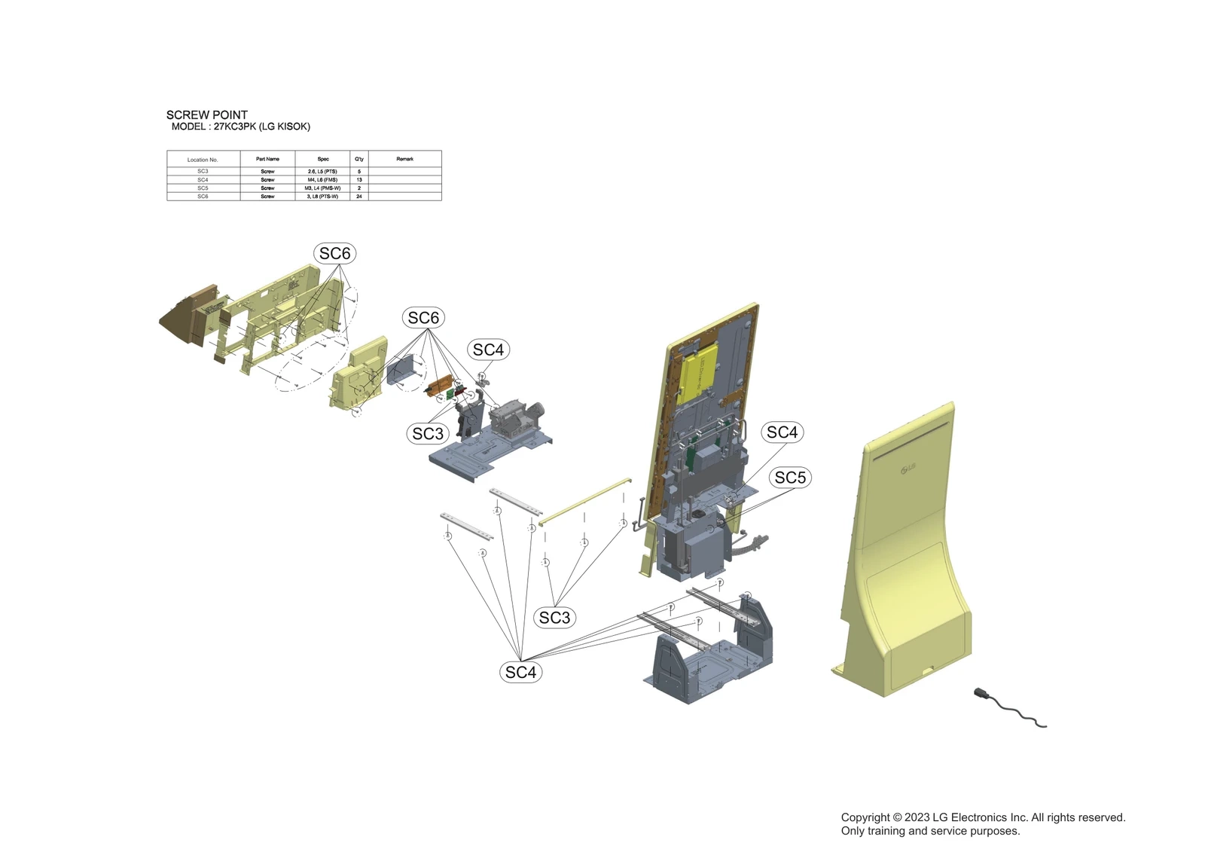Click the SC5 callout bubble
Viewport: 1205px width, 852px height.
(x=790, y=478)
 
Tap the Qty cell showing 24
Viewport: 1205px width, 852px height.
(x=359, y=197)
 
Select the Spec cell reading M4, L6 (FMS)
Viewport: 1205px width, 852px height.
(x=322, y=180)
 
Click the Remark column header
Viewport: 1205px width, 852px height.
(x=404, y=159)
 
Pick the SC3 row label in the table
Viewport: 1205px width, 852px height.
(x=203, y=172)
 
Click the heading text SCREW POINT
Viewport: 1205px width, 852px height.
(x=207, y=115)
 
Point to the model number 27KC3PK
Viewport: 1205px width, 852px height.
(x=235, y=127)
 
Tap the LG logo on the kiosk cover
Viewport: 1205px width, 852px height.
(x=908, y=469)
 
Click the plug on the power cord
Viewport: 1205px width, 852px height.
(x=981, y=693)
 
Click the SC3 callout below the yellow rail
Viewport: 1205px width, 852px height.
(x=555, y=618)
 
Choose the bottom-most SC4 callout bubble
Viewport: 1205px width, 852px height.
(x=520, y=672)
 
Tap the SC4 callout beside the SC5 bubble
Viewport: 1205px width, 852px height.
(x=782, y=432)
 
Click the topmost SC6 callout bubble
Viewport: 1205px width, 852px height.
(x=334, y=254)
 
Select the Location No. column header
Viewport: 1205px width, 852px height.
(x=203, y=160)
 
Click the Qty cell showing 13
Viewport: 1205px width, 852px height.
(x=359, y=180)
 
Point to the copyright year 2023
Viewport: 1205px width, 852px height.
(x=917, y=817)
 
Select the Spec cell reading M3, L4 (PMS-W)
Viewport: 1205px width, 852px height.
(x=322, y=188)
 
